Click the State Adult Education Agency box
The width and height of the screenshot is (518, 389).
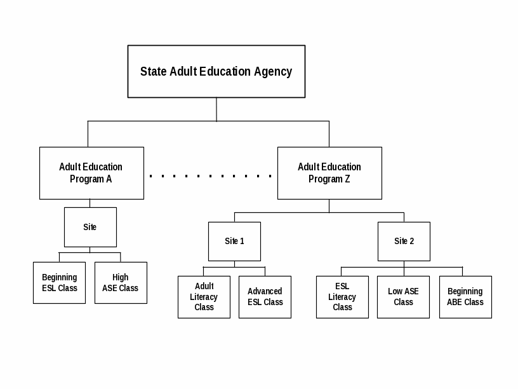pos(216,71)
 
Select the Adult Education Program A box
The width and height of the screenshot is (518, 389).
pos(91,173)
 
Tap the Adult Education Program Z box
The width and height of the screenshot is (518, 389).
pos(329,173)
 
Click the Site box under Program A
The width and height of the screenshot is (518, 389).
pos(90,227)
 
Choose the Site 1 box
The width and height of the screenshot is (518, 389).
pos(234,241)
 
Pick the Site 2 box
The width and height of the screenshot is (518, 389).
pos(404,241)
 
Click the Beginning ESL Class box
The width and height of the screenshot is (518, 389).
pos(59,283)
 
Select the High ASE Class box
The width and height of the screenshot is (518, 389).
pos(121,283)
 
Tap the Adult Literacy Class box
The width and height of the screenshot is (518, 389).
pos(204,297)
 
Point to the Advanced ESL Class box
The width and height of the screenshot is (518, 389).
pos(265,297)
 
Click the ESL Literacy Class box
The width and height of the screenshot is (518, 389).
pos(342,297)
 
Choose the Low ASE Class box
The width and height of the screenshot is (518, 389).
pos(403,297)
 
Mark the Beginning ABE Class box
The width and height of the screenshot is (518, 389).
pos(465,297)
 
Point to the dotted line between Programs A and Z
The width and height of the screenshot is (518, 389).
pos(211,175)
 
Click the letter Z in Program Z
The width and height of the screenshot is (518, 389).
pos(347,179)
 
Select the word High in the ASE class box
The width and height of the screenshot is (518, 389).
pos(121,277)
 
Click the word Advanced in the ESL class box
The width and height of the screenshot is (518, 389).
pos(265,291)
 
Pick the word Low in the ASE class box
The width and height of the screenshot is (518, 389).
pos(395,291)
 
